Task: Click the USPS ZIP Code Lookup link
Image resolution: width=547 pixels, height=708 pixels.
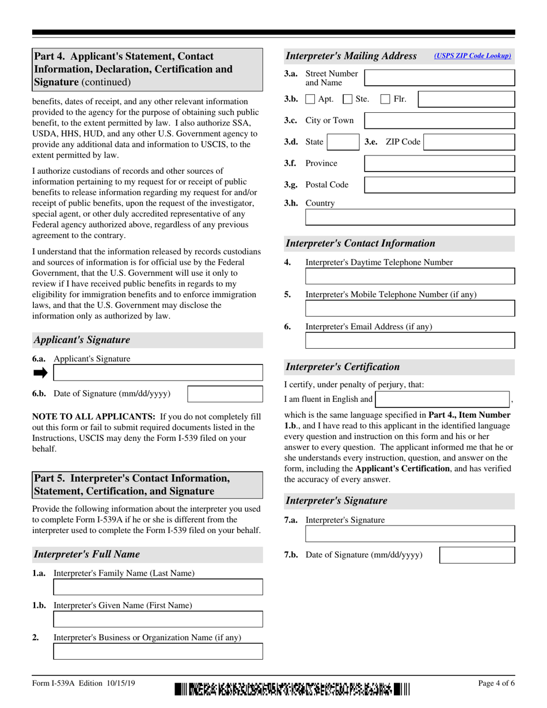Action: click(x=472, y=56)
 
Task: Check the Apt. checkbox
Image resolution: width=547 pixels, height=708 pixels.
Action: click(x=310, y=99)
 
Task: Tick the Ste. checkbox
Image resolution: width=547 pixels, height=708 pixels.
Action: click(x=348, y=99)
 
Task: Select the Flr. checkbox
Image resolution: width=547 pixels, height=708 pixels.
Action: click(x=386, y=99)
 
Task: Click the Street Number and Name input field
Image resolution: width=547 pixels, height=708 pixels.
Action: click(x=439, y=78)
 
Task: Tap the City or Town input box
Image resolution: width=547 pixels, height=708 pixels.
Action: click(x=439, y=120)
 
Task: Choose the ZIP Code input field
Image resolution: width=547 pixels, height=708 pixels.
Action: click(x=469, y=142)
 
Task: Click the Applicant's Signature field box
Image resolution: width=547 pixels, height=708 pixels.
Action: click(x=158, y=373)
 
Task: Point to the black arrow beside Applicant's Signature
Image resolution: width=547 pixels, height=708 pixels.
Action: click(x=40, y=373)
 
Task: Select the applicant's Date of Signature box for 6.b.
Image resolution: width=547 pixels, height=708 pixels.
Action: click(x=225, y=394)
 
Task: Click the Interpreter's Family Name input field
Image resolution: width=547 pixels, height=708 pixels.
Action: click(x=158, y=587)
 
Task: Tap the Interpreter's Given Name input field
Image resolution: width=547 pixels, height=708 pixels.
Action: click(x=158, y=619)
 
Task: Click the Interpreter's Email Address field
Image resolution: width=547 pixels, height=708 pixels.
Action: click(x=410, y=340)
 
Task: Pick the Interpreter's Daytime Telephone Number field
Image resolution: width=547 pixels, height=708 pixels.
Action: click(x=410, y=276)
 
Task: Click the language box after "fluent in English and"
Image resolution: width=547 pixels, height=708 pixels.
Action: click(x=442, y=399)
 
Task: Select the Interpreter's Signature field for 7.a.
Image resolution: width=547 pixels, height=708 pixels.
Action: click(x=410, y=534)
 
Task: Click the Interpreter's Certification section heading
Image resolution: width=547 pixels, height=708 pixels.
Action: click(x=343, y=367)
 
